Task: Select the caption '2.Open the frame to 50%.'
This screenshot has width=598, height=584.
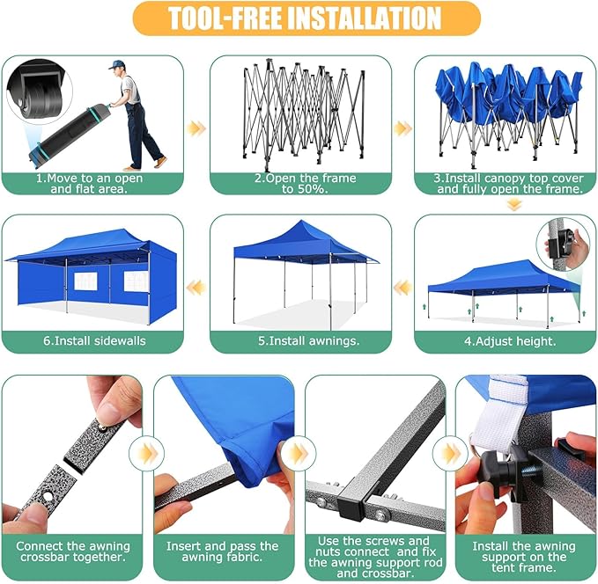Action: click(x=305, y=183)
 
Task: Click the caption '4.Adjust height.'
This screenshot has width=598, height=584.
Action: click(x=510, y=341)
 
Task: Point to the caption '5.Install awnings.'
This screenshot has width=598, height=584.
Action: click(x=308, y=340)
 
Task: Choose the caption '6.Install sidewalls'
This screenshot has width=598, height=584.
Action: click(x=94, y=340)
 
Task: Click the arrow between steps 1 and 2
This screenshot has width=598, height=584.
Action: click(x=196, y=128)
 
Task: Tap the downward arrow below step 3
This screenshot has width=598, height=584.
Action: click(x=514, y=205)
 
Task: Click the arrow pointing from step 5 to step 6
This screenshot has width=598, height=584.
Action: click(x=196, y=287)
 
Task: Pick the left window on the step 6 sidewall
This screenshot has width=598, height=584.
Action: click(x=85, y=281)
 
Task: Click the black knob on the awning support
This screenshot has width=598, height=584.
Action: click(x=495, y=466)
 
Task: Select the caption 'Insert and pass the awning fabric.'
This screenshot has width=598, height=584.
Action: click(x=222, y=551)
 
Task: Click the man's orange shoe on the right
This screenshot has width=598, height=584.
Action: click(x=160, y=162)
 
